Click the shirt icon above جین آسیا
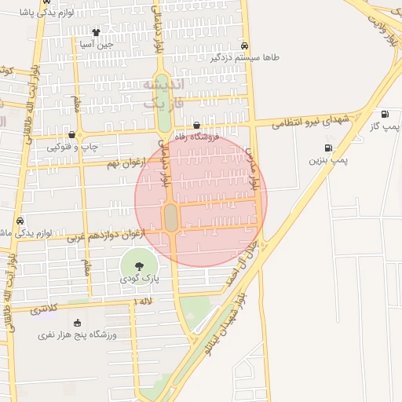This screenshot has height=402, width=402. (x=96, y=33)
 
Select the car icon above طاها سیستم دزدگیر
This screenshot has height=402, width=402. (x=245, y=46)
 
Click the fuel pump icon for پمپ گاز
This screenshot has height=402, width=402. (x=384, y=115)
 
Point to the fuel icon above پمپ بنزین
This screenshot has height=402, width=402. (x=327, y=148)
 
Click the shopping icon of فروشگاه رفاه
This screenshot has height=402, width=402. (x=196, y=125)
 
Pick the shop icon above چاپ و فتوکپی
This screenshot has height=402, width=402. (x=71, y=135)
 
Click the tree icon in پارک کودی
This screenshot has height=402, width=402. (x=139, y=267)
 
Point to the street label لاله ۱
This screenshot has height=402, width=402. (x=144, y=301)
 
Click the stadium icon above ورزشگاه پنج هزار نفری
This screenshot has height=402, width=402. (x=77, y=323)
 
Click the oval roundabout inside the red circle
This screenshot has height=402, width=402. (x=170, y=217)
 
